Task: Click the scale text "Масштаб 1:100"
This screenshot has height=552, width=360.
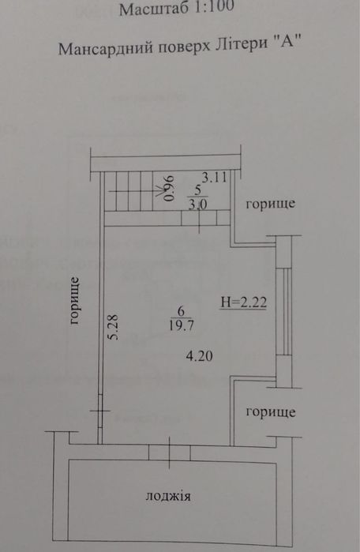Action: pyautogui.click(x=177, y=8)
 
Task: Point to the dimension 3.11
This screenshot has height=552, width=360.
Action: pyautogui.click(x=214, y=178)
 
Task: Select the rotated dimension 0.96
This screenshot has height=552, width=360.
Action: pyautogui.click(x=169, y=188)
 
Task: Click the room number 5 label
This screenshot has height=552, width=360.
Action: pyautogui.click(x=197, y=190)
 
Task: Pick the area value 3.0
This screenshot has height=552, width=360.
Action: pyautogui.click(x=197, y=205)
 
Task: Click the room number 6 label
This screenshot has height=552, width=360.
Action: pyautogui.click(x=182, y=311)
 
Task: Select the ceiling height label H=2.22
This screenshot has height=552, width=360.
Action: pyautogui.click(x=243, y=302)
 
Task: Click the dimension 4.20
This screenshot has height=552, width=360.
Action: pyautogui.click(x=199, y=357)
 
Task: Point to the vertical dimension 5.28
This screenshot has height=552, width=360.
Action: pyautogui.click(x=114, y=327)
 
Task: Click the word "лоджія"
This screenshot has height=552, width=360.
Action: pyautogui.click(x=168, y=497)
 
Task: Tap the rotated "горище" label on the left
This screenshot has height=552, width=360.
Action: pyautogui.click(x=75, y=302)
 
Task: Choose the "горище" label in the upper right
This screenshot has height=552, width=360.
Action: pyautogui.click(x=270, y=204)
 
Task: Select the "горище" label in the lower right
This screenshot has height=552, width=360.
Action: pyautogui.click(x=271, y=412)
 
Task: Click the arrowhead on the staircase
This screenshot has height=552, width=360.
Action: pyautogui.click(x=159, y=191)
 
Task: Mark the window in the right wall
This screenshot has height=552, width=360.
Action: pyautogui.click(x=283, y=311)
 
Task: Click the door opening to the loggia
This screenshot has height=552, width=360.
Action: pyautogui.click(x=169, y=452)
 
